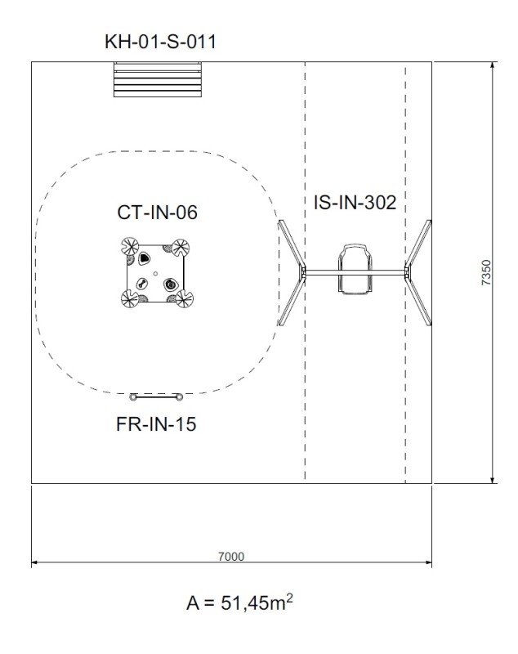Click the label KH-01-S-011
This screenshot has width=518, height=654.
point(160,42)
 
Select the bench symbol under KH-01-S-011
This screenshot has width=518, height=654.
point(158,79)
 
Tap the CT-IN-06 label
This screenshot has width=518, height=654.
point(157,213)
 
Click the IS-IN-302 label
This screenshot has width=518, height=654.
point(355,202)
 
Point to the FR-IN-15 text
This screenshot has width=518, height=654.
point(156,424)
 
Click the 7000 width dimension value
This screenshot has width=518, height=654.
point(231,557)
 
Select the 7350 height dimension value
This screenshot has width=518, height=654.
point(486,273)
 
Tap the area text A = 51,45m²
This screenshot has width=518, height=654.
point(239,602)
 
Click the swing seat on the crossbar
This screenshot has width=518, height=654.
point(355,270)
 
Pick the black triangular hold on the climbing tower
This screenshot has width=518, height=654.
point(144,258)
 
